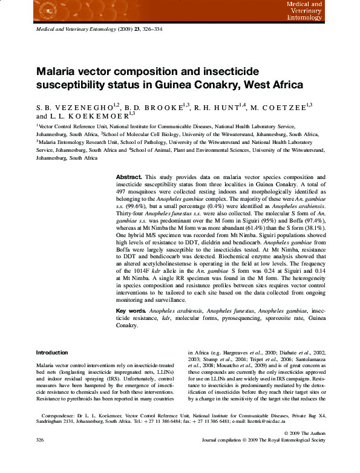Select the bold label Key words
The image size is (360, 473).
coord(131,311)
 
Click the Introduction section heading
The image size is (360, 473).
coord(52,353)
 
